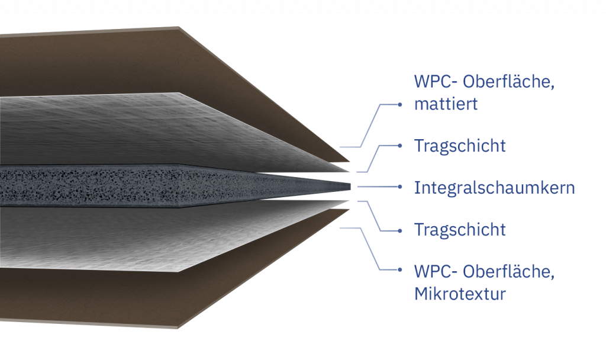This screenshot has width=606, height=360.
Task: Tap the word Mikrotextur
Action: coord(460,294)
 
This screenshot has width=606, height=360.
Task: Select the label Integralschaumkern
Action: coord(494,188)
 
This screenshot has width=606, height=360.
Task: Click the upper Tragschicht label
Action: coord(460,146)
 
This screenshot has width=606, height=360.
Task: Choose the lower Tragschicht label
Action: coord(460,229)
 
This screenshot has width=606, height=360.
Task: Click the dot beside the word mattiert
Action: coord(401,105)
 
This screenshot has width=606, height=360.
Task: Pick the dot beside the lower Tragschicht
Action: coord(401,229)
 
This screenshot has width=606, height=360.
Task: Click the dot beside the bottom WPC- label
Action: coord(401,270)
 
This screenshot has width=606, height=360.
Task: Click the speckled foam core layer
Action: coord(148,185)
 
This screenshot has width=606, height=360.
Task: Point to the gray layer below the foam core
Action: coord(148,237)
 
